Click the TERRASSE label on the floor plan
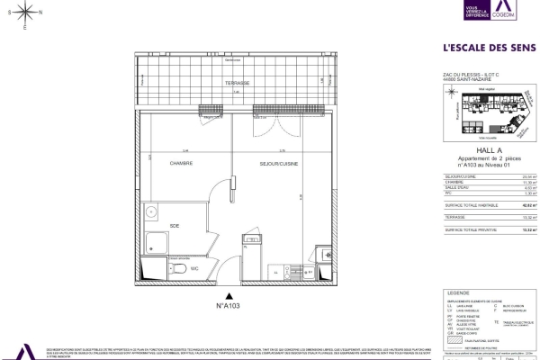(238, 81)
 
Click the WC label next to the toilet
(193, 268)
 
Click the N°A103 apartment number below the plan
(229, 306)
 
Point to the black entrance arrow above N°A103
(229, 294)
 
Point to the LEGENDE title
(458, 292)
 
